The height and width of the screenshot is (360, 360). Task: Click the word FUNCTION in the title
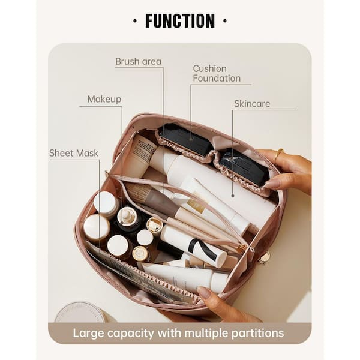click(180, 21)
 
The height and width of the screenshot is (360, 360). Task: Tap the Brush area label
click(138, 62)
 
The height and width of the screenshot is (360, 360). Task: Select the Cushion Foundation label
click(217, 73)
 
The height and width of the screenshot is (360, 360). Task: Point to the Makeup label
click(104, 99)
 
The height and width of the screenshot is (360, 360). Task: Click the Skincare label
click(252, 104)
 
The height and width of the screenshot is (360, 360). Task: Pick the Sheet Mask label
click(74, 153)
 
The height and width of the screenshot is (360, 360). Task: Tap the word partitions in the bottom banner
click(257, 334)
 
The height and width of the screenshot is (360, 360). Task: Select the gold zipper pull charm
click(265, 257)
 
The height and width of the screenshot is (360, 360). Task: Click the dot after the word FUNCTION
click(225, 21)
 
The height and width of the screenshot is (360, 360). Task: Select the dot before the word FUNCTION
click(135, 21)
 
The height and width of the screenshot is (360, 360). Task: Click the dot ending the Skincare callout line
click(233, 196)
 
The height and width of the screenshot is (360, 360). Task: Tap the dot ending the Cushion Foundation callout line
click(191, 139)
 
